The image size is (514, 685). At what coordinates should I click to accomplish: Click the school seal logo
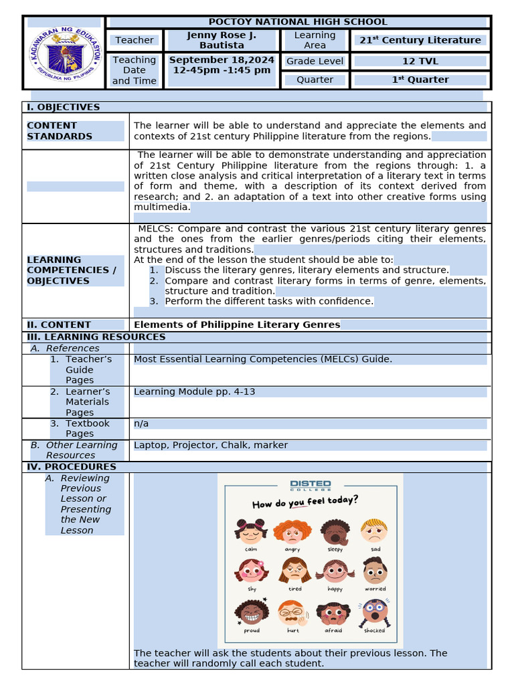point(66,52)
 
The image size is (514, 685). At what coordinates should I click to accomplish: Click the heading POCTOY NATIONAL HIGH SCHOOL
point(298,22)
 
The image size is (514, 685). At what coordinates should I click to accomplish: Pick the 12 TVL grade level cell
point(420,61)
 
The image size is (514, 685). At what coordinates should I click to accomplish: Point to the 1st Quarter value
point(420,80)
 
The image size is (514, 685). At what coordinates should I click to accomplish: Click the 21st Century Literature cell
point(420,40)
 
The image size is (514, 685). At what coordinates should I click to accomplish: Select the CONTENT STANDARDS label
point(60,130)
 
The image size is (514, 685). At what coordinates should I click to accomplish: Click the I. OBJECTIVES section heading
point(63,107)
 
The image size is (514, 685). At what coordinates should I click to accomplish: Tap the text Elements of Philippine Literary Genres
point(237,325)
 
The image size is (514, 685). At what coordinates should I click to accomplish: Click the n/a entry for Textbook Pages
point(141,423)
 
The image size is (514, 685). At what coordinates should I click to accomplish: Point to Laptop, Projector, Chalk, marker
point(211,445)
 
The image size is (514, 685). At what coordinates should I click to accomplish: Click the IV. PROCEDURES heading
point(71,467)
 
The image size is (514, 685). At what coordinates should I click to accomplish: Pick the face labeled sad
point(375,531)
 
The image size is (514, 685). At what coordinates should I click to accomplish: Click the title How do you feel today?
point(305,502)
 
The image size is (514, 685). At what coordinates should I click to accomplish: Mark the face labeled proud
point(251,613)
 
